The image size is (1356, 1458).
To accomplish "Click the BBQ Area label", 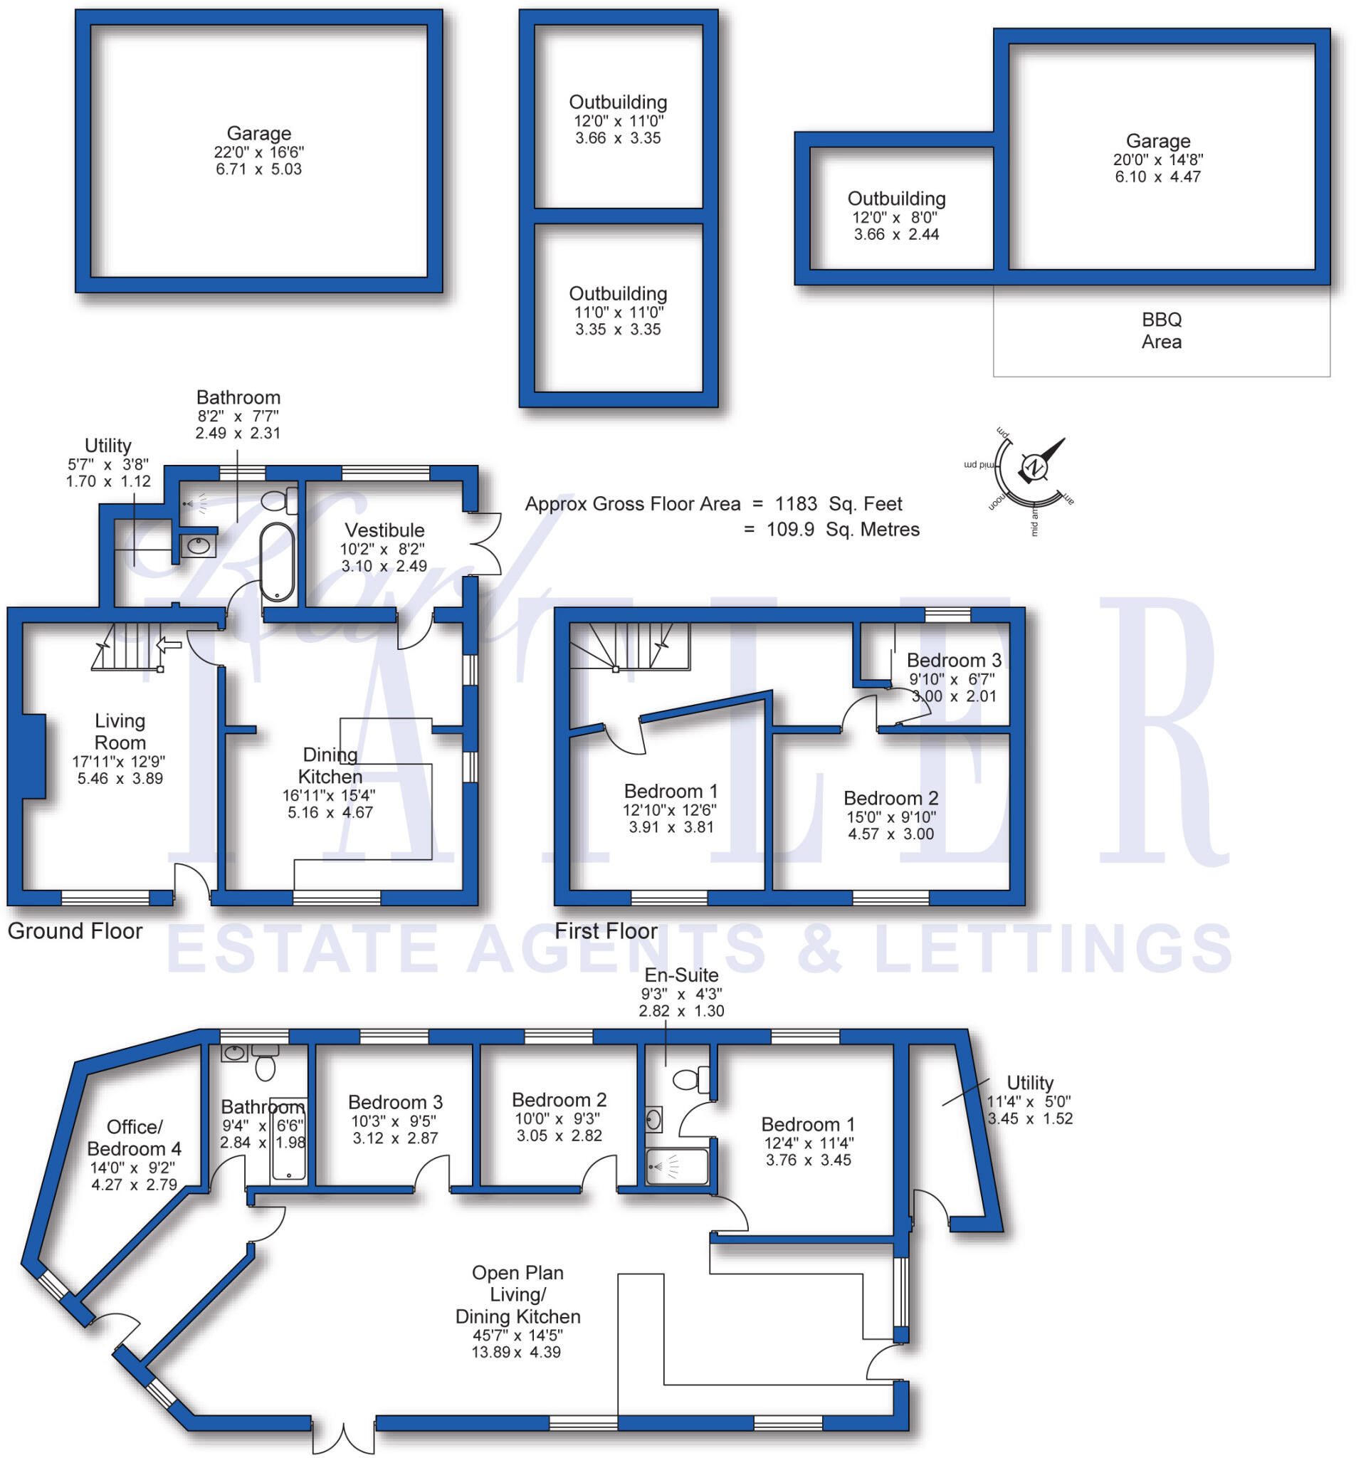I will (x=1160, y=330).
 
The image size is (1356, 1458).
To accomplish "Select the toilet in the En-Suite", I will (x=688, y=1079).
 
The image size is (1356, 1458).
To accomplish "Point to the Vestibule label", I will (x=384, y=530).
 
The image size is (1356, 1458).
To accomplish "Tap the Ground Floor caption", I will (x=75, y=930).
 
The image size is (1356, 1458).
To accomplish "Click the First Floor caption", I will (x=605, y=930).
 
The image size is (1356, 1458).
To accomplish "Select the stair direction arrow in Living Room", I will (x=169, y=645).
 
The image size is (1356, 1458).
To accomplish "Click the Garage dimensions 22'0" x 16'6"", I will (x=258, y=152).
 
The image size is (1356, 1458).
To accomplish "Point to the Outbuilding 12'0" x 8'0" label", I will (x=895, y=199).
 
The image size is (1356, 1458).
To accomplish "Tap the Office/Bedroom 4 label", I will (x=134, y=1138).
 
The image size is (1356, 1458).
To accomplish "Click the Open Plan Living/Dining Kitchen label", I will (x=517, y=1294).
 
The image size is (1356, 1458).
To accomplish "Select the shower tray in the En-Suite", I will (x=676, y=1166).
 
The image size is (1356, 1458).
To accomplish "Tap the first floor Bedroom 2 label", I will (x=890, y=798).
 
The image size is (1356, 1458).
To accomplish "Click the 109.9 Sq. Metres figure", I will (x=842, y=530).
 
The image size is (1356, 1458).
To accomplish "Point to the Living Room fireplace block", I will (x=33, y=755).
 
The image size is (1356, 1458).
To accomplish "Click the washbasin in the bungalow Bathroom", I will (x=234, y=1054).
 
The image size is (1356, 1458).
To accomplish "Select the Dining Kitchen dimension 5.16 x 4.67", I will (x=330, y=812).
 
